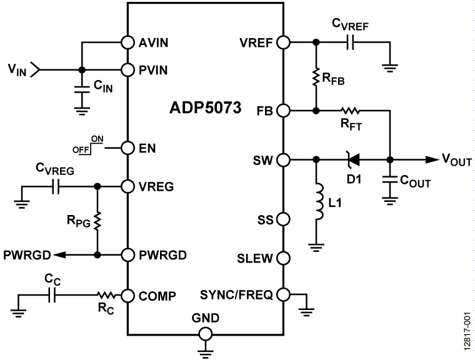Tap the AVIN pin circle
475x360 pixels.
(127, 43)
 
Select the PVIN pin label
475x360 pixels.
(153, 69)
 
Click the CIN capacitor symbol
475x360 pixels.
(80, 88)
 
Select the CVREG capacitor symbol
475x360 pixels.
(56, 186)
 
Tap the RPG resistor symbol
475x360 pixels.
(97, 220)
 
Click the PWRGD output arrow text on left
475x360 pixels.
(26, 256)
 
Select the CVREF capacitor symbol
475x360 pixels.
(350, 43)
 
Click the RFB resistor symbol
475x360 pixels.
(316, 77)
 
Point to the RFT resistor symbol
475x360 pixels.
(351, 111)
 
